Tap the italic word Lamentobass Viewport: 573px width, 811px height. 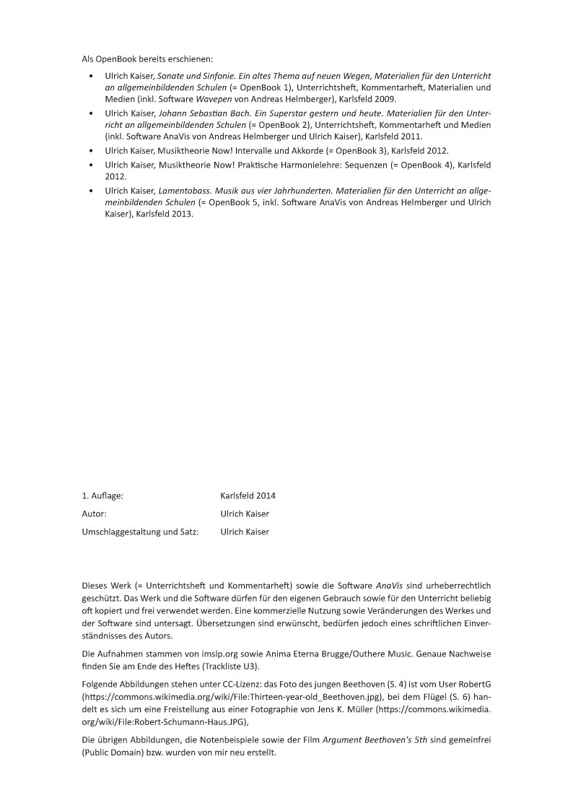(x=182, y=190)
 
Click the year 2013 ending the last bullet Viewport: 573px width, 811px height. (x=182, y=214)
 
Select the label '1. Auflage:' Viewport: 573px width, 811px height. (x=102, y=495)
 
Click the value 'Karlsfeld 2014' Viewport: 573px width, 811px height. (x=248, y=495)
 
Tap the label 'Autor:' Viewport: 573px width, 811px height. (x=95, y=513)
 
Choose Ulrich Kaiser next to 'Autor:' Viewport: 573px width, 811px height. (x=245, y=513)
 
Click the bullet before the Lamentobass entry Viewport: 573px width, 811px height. (x=90, y=190)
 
